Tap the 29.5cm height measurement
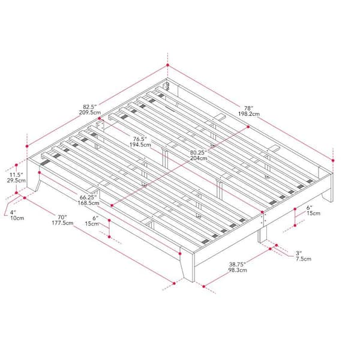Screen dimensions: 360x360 (x=16, y=179)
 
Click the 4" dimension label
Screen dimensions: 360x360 (x=13, y=211)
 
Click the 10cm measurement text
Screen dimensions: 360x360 (x=16, y=218)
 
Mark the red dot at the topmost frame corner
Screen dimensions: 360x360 (x=167, y=66)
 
